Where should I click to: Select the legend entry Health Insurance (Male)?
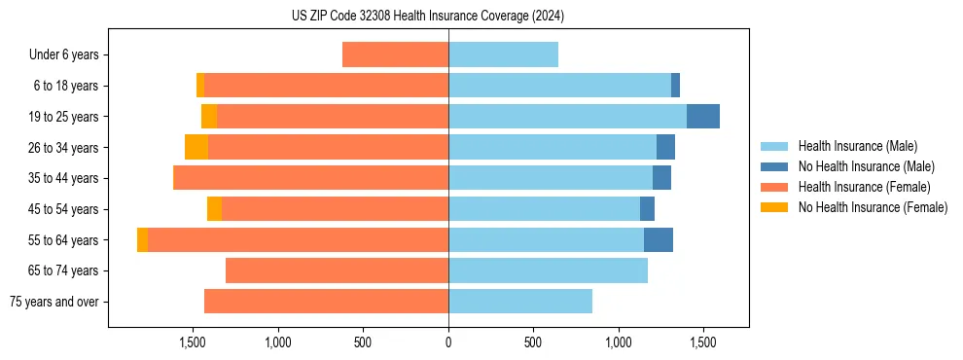click(x=857, y=146)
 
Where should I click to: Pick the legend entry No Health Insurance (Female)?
click(x=872, y=207)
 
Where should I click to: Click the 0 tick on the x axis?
click(x=448, y=342)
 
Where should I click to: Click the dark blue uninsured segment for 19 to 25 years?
click(x=703, y=117)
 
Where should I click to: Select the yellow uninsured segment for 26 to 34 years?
click(x=196, y=148)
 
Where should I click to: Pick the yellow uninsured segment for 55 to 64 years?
click(x=143, y=240)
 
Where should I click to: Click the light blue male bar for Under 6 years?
click(x=503, y=55)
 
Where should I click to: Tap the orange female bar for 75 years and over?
click(x=326, y=302)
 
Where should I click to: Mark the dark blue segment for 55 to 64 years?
click(x=659, y=240)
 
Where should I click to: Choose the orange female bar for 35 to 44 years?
click(x=310, y=178)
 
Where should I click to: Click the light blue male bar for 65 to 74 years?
click(x=548, y=270)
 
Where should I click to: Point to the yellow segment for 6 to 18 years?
click(x=200, y=86)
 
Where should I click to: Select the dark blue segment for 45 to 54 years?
click(x=647, y=209)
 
